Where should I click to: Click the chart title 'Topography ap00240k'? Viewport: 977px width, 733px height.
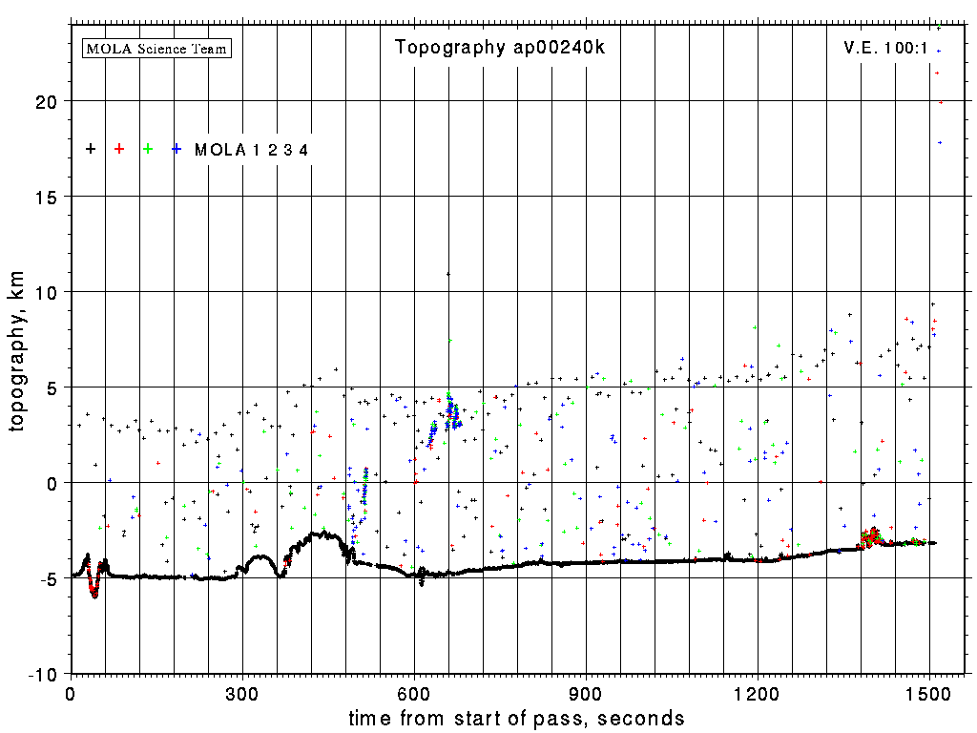[499, 48]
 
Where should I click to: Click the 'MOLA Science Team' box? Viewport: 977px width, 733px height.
[157, 48]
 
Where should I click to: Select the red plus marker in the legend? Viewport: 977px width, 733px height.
[119, 149]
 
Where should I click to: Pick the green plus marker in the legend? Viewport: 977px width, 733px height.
[148, 149]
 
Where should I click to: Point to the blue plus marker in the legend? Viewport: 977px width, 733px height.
[177, 149]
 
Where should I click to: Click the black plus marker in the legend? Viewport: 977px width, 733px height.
[91, 149]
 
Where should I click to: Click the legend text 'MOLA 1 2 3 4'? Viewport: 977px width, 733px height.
[251, 150]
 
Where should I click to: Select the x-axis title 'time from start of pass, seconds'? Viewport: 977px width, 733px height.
[516, 718]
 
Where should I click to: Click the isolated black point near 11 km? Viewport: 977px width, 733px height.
[448, 274]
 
